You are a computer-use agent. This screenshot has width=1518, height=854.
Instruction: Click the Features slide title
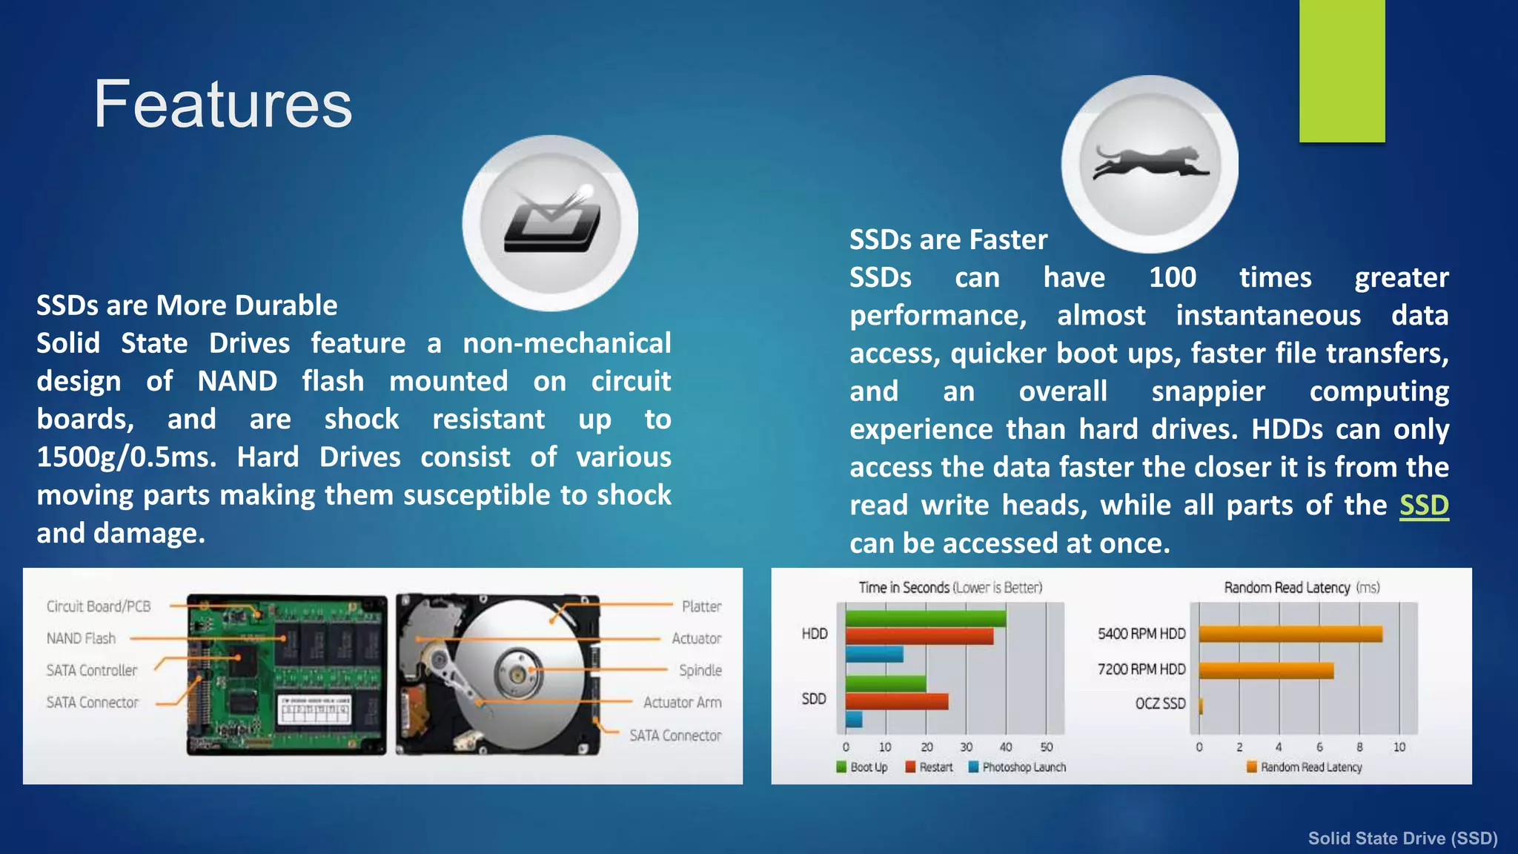tap(222, 105)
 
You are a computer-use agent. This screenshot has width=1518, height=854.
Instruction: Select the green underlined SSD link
tap(1423, 506)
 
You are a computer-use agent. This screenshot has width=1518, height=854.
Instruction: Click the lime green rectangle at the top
tap(1342, 70)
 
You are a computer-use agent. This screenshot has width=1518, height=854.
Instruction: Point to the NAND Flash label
tap(81, 638)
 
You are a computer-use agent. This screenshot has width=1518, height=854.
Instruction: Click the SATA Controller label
tap(92, 670)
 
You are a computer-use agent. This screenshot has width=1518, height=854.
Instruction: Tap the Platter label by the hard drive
tap(701, 606)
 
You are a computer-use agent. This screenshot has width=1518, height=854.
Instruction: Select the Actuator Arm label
tap(682, 702)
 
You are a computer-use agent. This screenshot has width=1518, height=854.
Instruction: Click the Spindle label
tap(700, 670)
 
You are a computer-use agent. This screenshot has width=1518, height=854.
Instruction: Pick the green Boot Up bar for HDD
tap(925, 618)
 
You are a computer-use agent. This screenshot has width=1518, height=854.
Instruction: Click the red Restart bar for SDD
tap(896, 701)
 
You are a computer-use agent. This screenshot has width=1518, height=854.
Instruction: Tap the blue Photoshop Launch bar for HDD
tap(874, 654)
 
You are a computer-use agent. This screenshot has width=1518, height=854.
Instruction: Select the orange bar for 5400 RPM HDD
tap(1290, 634)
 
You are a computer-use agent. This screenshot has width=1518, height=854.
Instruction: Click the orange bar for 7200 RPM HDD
tap(1266, 670)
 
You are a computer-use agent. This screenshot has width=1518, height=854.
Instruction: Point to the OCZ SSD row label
tap(1160, 704)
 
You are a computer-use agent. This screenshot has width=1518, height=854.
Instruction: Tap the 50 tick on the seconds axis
tap(1046, 747)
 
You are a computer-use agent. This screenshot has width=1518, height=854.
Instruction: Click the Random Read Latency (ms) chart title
tap(1301, 588)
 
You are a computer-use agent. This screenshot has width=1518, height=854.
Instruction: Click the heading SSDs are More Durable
tap(187, 305)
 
